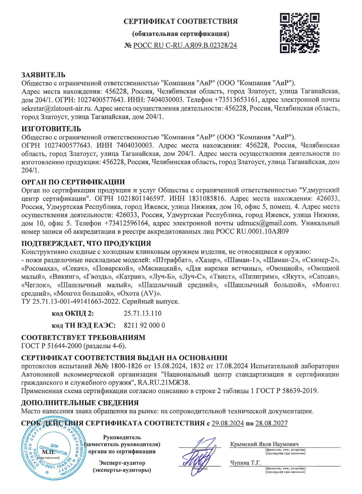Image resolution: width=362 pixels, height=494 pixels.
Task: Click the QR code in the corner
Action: point(300,33)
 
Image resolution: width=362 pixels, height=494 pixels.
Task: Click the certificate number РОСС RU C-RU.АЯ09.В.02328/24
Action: point(185,45)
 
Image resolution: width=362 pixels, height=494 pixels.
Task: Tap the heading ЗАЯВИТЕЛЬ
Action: point(43,75)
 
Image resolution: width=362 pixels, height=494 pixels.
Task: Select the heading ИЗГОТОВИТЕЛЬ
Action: point(51,128)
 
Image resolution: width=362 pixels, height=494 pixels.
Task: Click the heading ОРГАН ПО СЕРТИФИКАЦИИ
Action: point(73,182)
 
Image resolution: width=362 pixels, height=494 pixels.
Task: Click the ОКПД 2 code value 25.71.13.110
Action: point(143,313)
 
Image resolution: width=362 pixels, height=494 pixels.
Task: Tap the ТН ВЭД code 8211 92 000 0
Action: point(144,325)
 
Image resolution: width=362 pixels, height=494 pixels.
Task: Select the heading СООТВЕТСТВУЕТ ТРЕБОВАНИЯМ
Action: point(83,337)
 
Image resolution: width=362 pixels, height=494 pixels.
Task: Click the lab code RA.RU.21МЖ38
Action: point(164,383)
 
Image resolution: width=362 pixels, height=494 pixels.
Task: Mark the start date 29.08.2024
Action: point(228,423)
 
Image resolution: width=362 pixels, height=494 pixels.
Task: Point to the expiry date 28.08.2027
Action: point(271,423)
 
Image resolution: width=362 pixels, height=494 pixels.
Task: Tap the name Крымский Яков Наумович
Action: point(264,444)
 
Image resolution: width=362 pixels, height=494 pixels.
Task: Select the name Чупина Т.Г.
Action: point(245,463)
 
